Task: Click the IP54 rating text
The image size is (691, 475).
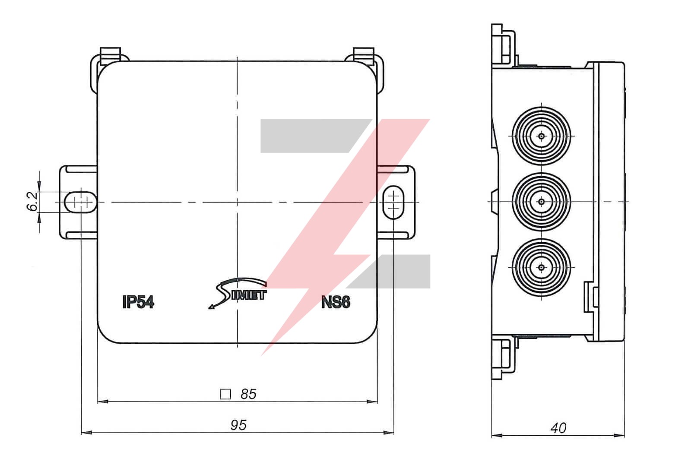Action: click(x=138, y=302)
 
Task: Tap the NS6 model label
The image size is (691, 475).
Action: click(x=336, y=302)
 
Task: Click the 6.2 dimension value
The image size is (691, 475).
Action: click(x=33, y=202)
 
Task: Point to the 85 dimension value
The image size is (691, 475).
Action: click(x=248, y=394)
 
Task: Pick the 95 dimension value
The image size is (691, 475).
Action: click(x=238, y=425)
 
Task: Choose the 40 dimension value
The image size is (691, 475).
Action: click(x=558, y=428)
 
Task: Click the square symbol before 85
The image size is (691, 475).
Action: click(x=225, y=394)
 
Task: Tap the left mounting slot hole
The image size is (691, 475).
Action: click(x=81, y=202)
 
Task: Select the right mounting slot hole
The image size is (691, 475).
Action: click(x=393, y=202)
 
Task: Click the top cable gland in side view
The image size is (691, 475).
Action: click(x=541, y=136)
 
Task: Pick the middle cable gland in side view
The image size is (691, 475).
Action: click(x=541, y=202)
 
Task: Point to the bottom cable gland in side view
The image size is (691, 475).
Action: click(x=541, y=268)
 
